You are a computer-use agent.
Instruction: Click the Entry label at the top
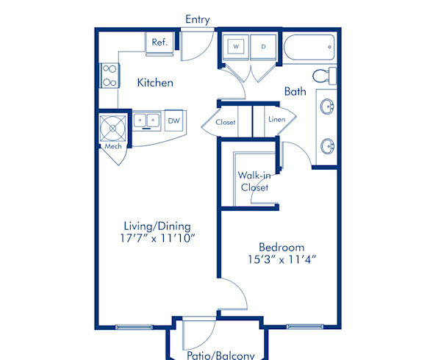coord(198,19)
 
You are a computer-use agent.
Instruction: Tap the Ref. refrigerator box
coord(159,43)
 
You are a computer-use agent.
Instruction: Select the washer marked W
coord(237,46)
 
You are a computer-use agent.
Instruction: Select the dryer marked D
coord(263,46)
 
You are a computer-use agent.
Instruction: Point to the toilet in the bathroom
coord(322,76)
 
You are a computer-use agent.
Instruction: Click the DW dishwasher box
coord(173,120)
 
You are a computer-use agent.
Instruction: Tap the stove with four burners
coord(110,74)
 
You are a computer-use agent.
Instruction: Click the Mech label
coord(112,146)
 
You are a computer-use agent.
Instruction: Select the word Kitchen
coord(155,83)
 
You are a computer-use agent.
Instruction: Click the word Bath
coord(295,92)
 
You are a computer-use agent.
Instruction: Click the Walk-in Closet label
coord(254,181)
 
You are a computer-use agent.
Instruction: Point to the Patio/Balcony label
coord(220,356)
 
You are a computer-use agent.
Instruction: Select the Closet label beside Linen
coord(226,122)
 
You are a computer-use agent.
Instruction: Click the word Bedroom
coord(282,247)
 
